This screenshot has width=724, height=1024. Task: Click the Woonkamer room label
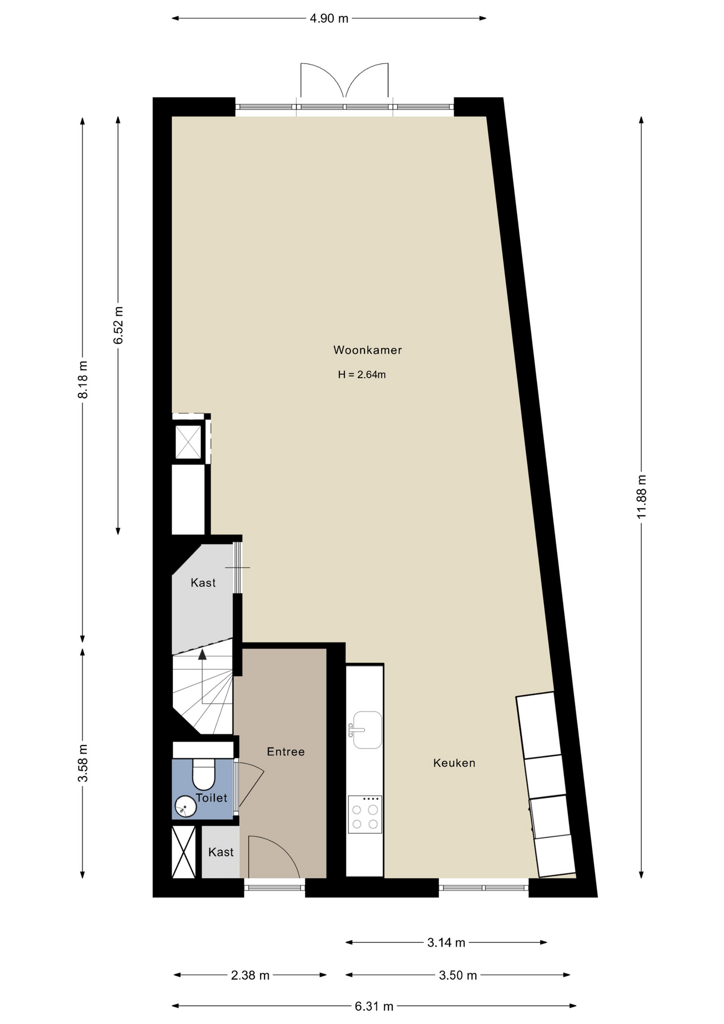pyautogui.click(x=367, y=350)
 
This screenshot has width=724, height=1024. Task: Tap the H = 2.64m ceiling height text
pyautogui.click(x=361, y=374)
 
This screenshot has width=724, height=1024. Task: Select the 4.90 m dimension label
pyautogui.click(x=329, y=19)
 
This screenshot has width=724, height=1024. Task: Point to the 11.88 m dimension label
pyautogui.click(x=641, y=496)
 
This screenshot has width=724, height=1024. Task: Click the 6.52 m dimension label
pyautogui.click(x=118, y=325)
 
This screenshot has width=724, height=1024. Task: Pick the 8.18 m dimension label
pyautogui.click(x=83, y=379)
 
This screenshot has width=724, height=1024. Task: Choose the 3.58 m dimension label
pyautogui.click(x=83, y=763)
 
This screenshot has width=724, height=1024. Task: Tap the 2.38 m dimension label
pyautogui.click(x=250, y=975)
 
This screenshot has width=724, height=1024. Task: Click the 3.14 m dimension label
pyautogui.click(x=446, y=943)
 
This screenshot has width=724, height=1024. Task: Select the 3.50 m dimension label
pyautogui.click(x=458, y=975)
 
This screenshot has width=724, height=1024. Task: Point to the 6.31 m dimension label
pyautogui.click(x=374, y=1006)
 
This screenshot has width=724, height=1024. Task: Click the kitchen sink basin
pyautogui.click(x=367, y=730)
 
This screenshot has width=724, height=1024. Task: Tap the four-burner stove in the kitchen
pyautogui.click(x=365, y=814)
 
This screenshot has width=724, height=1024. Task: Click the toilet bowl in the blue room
pyautogui.click(x=203, y=774)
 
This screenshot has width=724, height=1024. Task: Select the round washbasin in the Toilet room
pyautogui.click(x=186, y=806)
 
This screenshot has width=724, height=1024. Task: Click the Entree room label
pyautogui.click(x=286, y=751)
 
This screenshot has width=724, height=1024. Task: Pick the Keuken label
pyautogui.click(x=454, y=763)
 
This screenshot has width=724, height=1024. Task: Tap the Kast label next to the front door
pyautogui.click(x=221, y=852)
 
